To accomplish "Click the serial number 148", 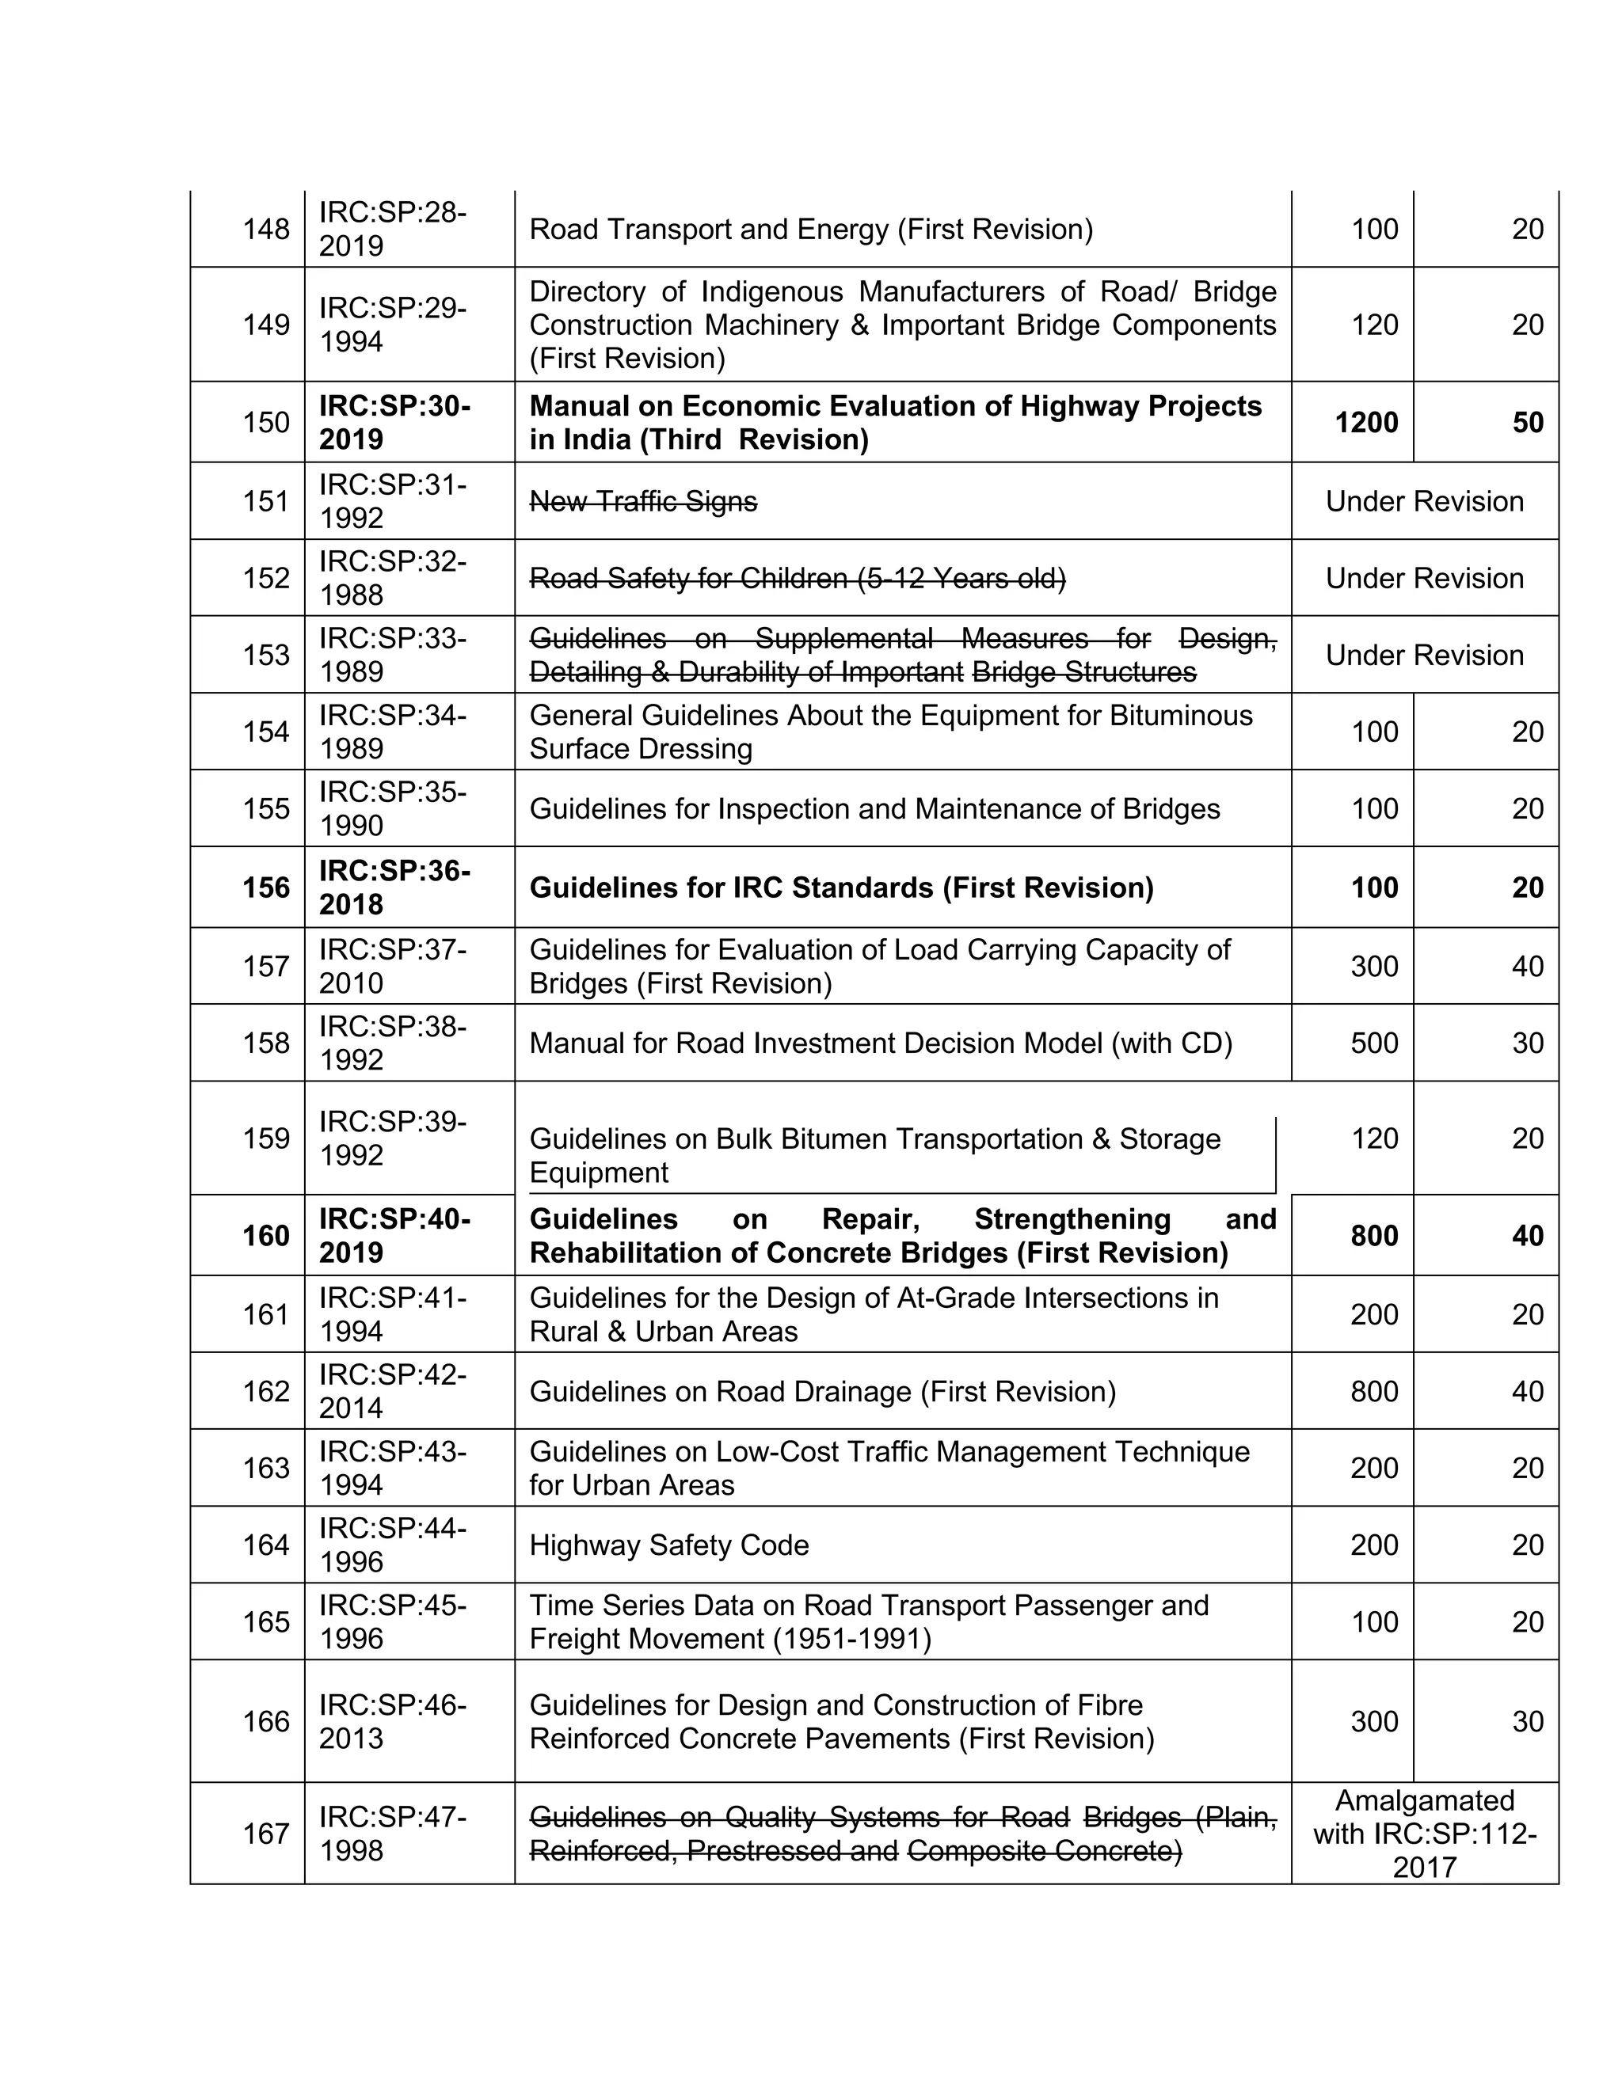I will click(265, 230).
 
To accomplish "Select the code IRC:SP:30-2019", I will click(394, 423).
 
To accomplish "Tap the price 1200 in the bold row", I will click(1365, 423).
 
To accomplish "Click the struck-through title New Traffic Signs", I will click(643, 501).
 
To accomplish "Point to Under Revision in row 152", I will click(1424, 578).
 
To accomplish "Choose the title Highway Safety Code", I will click(668, 1545).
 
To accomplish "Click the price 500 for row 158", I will click(1374, 1043).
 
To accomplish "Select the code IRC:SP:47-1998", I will click(392, 1834).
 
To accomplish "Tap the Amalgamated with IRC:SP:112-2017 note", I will click(1424, 1834).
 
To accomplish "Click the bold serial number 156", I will click(265, 887).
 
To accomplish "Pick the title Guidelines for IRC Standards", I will click(841, 887).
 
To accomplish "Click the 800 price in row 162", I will click(1374, 1391).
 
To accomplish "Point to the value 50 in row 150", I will click(1527, 423).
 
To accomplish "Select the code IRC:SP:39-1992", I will click(392, 1138).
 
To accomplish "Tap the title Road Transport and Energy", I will click(810, 230).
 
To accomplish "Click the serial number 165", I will click(265, 1621).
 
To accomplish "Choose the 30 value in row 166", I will click(1527, 1721).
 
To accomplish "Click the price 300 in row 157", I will click(1374, 967).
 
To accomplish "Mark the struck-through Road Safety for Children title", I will click(797, 578).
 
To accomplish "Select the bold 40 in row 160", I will click(1527, 1237).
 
